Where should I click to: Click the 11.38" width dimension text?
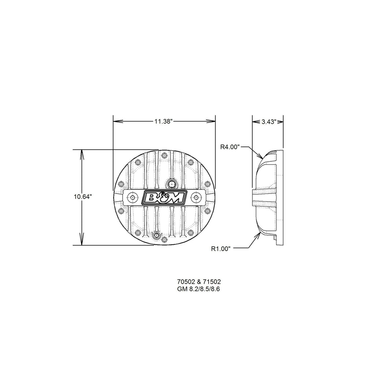coord(163,121)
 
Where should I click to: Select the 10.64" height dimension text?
coord(82,196)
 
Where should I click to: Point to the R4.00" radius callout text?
coord(230,147)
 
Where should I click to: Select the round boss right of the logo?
coord(196,198)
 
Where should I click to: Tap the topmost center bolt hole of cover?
coord(164,156)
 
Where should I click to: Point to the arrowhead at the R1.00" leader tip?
coord(259,235)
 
